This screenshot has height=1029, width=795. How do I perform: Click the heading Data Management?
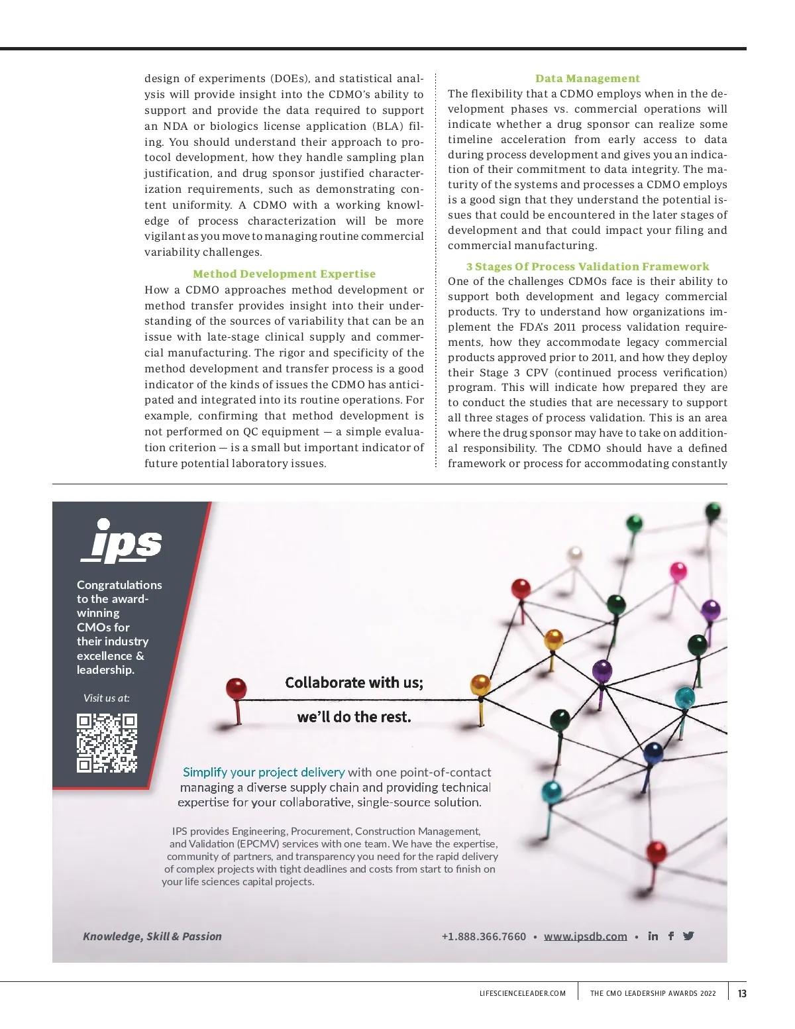coord(588,78)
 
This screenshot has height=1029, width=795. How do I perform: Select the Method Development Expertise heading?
coord(284,274)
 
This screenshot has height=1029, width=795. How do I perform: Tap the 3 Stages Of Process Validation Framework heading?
coord(588,266)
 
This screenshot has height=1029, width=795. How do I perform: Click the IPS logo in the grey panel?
coord(121,541)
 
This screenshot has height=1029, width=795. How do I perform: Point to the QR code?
coord(107,743)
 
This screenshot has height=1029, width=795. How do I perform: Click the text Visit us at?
coord(107,698)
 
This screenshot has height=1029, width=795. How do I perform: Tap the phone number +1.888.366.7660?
coord(484,936)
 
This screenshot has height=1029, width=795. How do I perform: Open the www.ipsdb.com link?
coord(586,936)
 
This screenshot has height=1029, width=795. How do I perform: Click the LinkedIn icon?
coord(653,936)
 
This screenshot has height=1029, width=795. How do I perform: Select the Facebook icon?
coord(671,936)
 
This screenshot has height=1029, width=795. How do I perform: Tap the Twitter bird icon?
coord(688,936)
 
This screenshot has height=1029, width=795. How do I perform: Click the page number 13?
coord(742,993)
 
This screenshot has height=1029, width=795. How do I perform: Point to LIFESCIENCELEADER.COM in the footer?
coord(523,993)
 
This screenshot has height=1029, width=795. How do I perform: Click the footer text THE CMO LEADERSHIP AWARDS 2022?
coord(653,993)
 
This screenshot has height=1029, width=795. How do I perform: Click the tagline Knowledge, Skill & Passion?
coord(152,936)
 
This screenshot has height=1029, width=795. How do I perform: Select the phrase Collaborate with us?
coord(354,682)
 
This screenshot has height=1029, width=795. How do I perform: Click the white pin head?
coord(575,554)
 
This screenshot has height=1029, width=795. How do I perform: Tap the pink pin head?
coord(678,569)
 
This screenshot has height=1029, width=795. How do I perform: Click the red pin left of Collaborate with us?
coord(237,689)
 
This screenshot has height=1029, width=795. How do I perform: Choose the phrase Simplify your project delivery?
coord(264,772)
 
